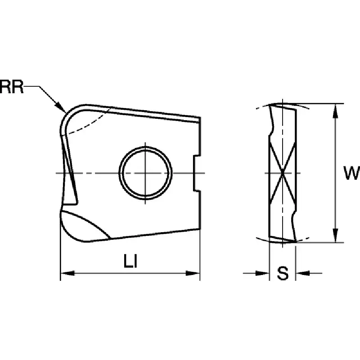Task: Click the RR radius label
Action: tap(12, 87)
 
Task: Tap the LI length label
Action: tap(130, 261)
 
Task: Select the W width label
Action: tap(351, 173)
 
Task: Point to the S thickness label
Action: tap(283, 273)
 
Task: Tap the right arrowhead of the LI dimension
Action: tap(193, 273)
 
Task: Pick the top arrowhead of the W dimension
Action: tap(336, 111)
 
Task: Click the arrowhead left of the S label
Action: tap(262, 273)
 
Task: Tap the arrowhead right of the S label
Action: tap(302, 273)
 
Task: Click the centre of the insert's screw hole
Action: tap(145, 173)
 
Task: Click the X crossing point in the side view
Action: tap(283, 173)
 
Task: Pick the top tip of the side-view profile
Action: tap(270, 105)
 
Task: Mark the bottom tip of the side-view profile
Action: tap(295, 241)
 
